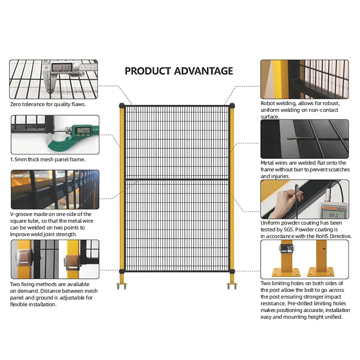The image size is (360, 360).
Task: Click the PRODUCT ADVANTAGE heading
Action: (x=179, y=71)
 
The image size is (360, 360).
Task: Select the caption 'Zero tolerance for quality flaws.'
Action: (x=48, y=104)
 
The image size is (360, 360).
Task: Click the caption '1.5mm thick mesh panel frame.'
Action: (x=48, y=159)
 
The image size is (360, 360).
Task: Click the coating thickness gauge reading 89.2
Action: (x=332, y=202)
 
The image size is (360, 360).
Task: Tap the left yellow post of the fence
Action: (x=122, y=192)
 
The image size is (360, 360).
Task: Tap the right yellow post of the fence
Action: (x=232, y=192)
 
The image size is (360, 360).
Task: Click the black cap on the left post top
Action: (x=122, y=105)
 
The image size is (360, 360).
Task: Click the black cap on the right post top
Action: (x=232, y=105)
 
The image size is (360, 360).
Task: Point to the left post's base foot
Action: (x=121, y=286)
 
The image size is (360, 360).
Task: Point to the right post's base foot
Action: (x=232, y=286)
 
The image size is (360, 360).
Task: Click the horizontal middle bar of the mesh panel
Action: (x=177, y=179)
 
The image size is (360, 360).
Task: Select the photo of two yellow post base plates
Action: (x=304, y=260)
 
